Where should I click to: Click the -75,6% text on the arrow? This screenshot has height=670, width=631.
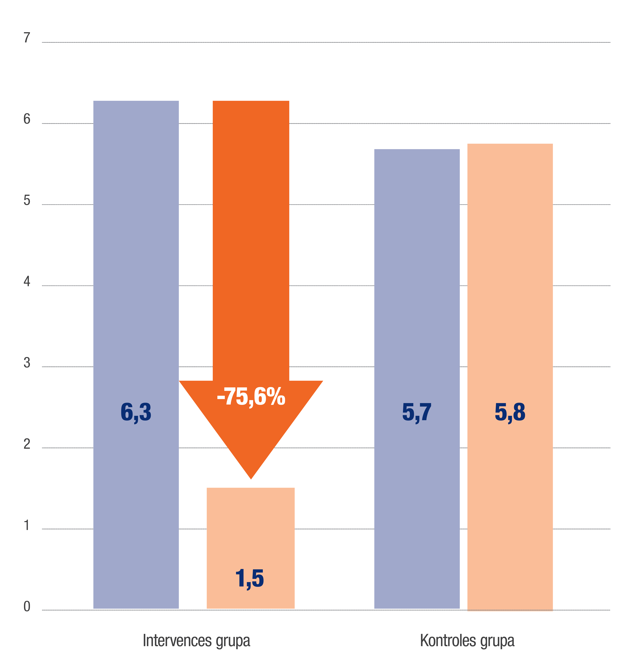tap(251, 397)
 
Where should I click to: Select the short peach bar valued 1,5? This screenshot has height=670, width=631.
tap(250, 539)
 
